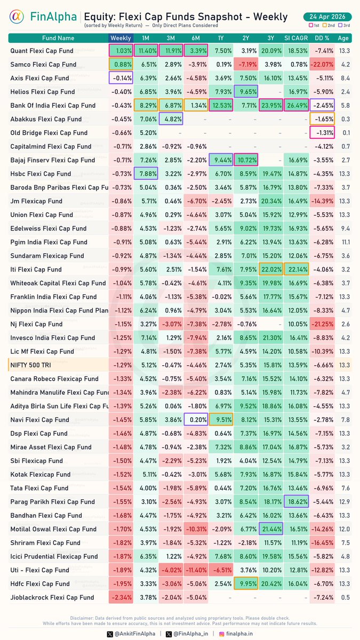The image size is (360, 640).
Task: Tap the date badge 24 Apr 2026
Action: [x=327, y=16]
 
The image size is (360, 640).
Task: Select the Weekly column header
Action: [x=121, y=38]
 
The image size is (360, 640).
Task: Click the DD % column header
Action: [x=322, y=38]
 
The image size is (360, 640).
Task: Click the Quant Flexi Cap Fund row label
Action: [x=43, y=51]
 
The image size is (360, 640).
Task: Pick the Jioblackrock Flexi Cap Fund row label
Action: [x=52, y=597]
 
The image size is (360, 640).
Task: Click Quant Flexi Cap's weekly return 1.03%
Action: [x=121, y=51]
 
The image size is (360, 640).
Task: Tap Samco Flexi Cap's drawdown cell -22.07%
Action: [x=322, y=65]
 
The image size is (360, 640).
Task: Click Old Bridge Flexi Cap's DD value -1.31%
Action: [x=322, y=133]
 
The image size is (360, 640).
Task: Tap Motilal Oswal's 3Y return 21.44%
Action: [x=271, y=529]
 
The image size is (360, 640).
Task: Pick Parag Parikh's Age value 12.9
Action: [x=345, y=502]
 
